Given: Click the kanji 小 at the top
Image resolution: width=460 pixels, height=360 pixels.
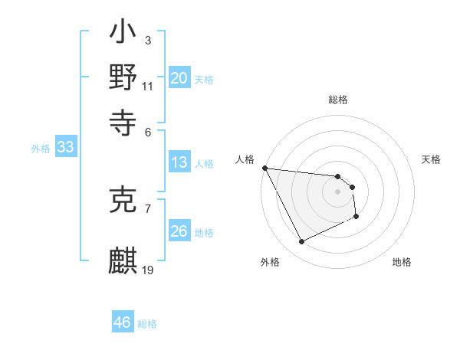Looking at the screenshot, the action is tap(123, 34).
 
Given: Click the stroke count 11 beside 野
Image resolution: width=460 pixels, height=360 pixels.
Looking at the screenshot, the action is tap(147, 87).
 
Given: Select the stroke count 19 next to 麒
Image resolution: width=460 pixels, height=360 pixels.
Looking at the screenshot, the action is tap(148, 270).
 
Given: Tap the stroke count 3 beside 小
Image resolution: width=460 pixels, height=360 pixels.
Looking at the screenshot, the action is tap(147, 39).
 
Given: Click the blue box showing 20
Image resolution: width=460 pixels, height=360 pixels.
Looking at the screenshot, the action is tap(179, 78).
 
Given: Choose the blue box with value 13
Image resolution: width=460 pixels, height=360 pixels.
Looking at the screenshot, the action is tap(179, 162).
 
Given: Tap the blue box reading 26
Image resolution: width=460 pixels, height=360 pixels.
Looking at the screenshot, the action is tap(179, 231).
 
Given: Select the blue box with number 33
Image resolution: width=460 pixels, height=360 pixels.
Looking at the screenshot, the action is tap(65, 148).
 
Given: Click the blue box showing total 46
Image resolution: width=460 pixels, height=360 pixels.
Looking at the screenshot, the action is tap(123, 322).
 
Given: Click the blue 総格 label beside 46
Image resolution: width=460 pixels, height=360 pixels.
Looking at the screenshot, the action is tap(147, 324).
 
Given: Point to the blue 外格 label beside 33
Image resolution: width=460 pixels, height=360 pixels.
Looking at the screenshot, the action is tap(40, 149).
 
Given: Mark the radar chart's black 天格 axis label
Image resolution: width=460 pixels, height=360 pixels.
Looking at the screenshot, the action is tap(431, 159).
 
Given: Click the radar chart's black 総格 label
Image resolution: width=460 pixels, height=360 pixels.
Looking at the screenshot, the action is tap(338, 100).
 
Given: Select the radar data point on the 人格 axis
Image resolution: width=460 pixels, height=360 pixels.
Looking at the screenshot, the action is tap(264, 168).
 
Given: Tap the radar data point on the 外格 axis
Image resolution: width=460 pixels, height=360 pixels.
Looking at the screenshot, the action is tap(301, 242).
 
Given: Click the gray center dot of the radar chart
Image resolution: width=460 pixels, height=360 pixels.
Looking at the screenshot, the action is tap(337, 191).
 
